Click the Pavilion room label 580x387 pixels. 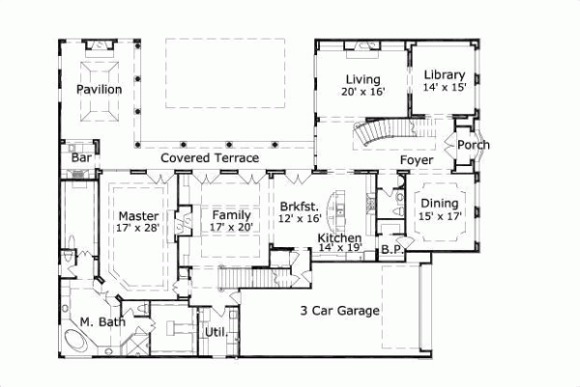click(x=100, y=90)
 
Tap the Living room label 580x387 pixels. click(x=362, y=79)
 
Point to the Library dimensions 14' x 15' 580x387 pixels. click(x=445, y=88)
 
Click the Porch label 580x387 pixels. click(x=474, y=145)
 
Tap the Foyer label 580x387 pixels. click(x=418, y=160)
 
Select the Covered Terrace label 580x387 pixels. click(x=210, y=157)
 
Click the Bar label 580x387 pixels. click(x=80, y=157)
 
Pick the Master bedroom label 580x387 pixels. click(x=137, y=216)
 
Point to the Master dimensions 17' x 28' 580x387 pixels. click(x=137, y=229)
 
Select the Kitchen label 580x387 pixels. click(x=339, y=237)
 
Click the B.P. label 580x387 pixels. click(x=391, y=249)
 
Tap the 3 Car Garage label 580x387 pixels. click(x=337, y=311)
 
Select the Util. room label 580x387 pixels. click(x=214, y=333)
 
